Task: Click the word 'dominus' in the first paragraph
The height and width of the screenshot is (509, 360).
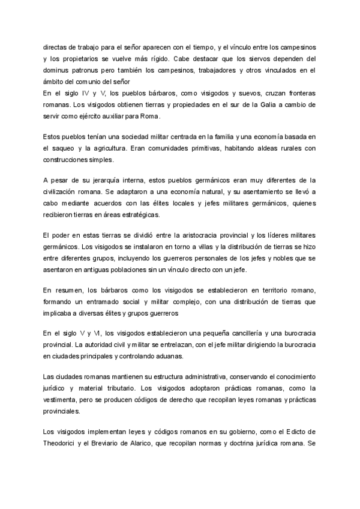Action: [58, 70]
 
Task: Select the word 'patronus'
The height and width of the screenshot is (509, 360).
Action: [91, 70]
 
